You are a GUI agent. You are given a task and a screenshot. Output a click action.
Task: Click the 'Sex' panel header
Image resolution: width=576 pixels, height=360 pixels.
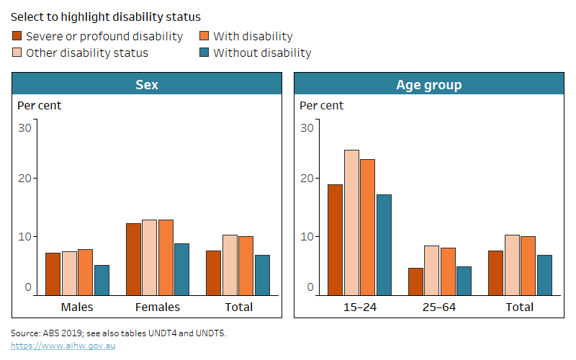147,85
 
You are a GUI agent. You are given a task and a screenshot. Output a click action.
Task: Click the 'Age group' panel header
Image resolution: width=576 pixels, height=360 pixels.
428,85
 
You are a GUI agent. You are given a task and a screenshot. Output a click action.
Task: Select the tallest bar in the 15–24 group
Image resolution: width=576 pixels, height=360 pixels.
351,222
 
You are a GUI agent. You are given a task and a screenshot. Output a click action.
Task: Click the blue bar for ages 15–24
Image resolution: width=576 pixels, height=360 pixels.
383,245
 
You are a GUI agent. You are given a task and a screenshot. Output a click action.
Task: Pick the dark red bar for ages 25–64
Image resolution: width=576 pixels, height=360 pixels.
415,282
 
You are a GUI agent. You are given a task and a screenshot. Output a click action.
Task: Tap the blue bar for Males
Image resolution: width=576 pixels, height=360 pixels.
102,280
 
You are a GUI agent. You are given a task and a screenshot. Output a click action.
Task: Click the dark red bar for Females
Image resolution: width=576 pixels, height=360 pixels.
133,259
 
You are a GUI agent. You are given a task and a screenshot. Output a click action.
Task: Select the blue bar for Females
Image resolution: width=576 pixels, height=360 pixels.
181,269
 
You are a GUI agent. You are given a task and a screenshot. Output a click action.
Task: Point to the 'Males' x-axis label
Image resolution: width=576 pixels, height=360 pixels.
77,307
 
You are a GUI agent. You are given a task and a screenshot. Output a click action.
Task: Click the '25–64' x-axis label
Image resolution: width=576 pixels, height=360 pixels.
439,307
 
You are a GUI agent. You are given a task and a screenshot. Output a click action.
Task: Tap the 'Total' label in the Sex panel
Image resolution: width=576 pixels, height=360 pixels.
238,307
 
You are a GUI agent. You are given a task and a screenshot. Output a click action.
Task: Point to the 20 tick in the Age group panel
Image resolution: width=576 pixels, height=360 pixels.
307,179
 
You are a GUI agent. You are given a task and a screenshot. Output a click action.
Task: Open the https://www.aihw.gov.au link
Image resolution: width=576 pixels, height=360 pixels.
63,346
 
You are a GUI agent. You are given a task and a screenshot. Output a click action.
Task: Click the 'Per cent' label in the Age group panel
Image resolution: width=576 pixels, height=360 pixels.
321,106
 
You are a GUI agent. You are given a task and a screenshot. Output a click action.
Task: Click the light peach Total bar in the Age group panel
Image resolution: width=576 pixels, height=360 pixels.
512,265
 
